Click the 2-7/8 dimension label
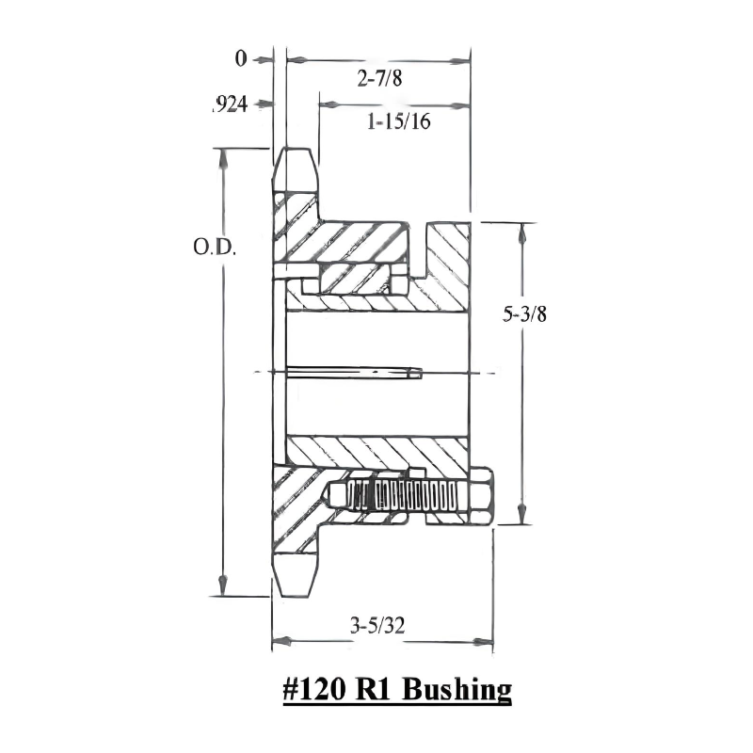point(378,79)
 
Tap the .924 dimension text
point(229,105)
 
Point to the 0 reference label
point(241,59)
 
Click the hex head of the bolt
point(479,495)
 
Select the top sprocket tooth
point(296,169)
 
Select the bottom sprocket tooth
point(295,573)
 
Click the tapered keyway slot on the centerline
point(353,373)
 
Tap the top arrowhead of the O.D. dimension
point(223,156)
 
